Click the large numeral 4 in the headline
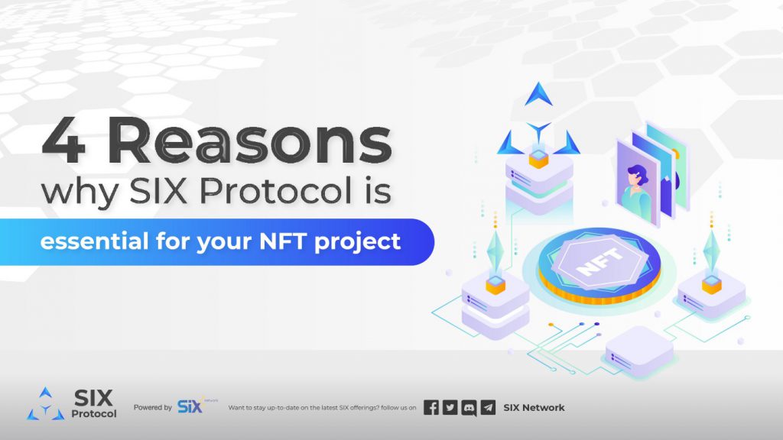(x=63, y=141)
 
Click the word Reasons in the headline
(x=250, y=141)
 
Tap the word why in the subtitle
(x=80, y=192)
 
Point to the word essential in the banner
(x=94, y=241)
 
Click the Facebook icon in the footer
(x=431, y=408)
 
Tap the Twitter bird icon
(x=450, y=408)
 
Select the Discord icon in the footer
(x=469, y=408)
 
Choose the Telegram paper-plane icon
(x=488, y=408)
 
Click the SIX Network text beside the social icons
(x=534, y=408)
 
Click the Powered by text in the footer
(x=152, y=408)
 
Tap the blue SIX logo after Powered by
(x=190, y=406)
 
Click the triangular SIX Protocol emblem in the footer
(x=45, y=403)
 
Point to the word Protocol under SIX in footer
(x=94, y=414)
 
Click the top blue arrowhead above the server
(x=538, y=94)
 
